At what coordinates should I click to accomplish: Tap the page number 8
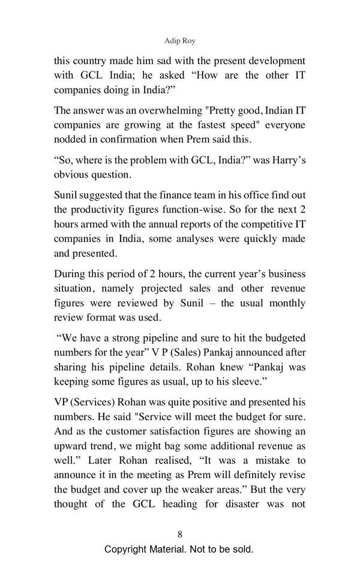(x=179, y=534)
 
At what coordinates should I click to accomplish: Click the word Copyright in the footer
(x=128, y=549)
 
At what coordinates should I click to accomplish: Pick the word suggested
(x=100, y=194)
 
